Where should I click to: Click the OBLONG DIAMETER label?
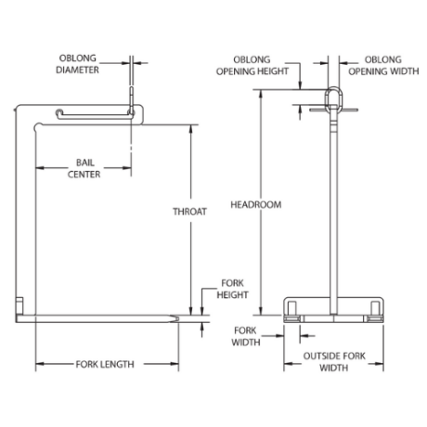tap(77, 64)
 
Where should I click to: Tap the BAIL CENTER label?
tap(84, 168)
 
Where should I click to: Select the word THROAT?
tap(189, 212)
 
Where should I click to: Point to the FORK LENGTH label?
tap(105, 364)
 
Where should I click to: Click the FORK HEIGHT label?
tap(232, 289)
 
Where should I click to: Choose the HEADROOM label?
tap(256, 204)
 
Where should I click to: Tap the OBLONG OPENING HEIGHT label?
tap(252, 65)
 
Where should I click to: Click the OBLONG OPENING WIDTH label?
tap(383, 65)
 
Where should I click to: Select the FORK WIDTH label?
tap(246, 336)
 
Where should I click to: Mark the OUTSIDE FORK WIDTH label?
tap(334, 362)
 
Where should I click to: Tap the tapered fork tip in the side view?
tap(175, 318)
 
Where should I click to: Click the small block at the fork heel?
tap(19, 305)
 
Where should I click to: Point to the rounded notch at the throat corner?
tap(38, 126)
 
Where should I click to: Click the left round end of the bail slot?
tap(59, 113)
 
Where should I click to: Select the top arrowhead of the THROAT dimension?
tap(191, 129)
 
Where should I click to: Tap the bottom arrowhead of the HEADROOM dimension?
tap(262, 311)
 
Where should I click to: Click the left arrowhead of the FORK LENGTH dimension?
tap(40, 364)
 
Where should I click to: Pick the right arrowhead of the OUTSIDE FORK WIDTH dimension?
tap(380, 364)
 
